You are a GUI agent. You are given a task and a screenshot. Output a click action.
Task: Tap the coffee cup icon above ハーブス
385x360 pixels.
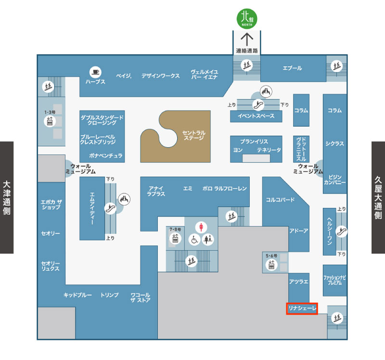[95, 72]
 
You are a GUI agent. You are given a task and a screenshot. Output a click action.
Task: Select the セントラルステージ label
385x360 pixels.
[193, 135]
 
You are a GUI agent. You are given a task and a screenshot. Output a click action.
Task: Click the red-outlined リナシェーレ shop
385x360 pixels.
[302, 309]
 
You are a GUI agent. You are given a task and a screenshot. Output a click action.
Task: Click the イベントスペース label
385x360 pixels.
[256, 116]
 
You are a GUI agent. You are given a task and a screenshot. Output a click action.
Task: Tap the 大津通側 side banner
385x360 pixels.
[7, 197]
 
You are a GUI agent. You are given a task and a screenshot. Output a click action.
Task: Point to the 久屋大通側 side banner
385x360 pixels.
[378, 197]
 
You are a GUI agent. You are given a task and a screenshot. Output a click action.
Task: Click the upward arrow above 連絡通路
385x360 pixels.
[247, 38]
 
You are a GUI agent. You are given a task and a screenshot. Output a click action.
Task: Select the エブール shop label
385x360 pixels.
[292, 68]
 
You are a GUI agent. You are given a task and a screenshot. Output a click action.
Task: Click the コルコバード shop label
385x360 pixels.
[280, 199]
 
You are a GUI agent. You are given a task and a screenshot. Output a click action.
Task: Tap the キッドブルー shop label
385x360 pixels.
[77, 295]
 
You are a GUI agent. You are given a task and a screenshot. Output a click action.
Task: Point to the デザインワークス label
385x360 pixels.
[160, 76]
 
